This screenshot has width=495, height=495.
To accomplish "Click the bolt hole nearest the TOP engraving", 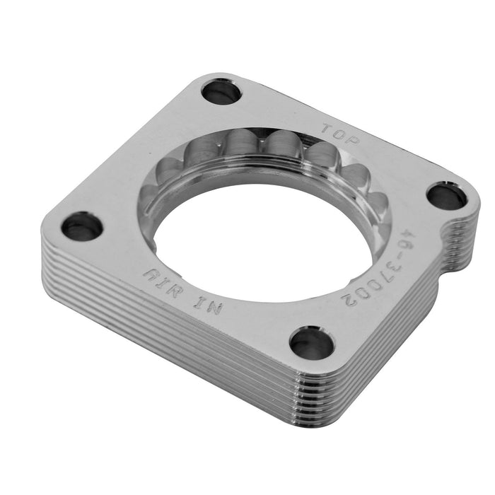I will (221, 91).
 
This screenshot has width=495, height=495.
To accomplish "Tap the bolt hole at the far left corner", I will (82, 226).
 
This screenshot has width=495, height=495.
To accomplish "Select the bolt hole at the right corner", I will (446, 196).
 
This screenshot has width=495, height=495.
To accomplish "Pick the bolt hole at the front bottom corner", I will (312, 343).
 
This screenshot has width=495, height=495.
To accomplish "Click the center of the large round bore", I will (265, 240).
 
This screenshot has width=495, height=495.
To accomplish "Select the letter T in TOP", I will (327, 129).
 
